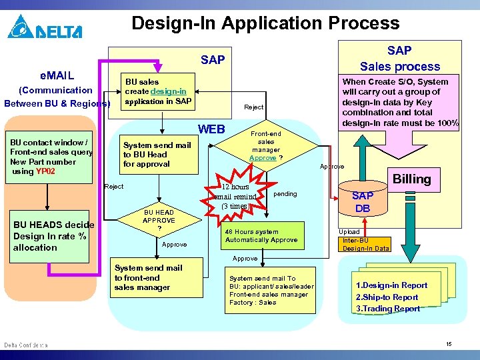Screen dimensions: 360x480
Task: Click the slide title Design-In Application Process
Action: [265, 23]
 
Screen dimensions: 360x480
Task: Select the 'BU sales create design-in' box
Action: [157, 92]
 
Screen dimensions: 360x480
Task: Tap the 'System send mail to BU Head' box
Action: [157, 154]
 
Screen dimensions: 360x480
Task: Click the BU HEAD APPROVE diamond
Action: [159, 221]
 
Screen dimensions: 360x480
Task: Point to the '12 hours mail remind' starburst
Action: [237, 197]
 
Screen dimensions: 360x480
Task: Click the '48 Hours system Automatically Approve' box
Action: [261, 235]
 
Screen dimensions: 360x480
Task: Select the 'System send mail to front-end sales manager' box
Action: [148, 278]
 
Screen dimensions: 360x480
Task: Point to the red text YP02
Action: [45, 171]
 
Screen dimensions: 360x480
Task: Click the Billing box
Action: [411, 179]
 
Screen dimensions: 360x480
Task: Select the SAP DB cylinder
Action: [363, 201]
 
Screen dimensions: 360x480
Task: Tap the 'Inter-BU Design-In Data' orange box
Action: [365, 245]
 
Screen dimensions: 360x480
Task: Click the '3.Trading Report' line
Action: [388, 309]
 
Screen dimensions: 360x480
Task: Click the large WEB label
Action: [211, 129]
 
